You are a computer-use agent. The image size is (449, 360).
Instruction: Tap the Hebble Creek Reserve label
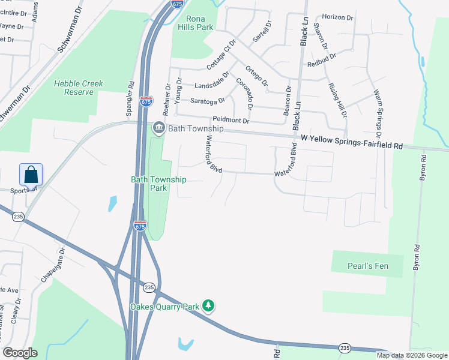tap(79, 88)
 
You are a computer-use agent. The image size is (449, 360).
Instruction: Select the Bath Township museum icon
tap(158, 128)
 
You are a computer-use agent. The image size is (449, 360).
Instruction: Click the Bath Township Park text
tap(158, 184)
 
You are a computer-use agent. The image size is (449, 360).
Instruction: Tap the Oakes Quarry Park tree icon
tap(208, 306)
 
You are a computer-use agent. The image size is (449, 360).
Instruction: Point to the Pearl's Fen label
tap(366, 265)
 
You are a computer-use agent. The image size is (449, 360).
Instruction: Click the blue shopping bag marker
tap(31, 175)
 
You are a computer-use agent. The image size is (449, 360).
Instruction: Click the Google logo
tap(20, 352)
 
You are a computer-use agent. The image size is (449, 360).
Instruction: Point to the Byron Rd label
tap(423, 168)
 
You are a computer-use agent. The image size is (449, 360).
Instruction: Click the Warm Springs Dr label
tap(378, 109)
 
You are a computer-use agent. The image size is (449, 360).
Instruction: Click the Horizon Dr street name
tap(338, 17)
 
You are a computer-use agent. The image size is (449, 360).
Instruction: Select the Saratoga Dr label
tap(207, 101)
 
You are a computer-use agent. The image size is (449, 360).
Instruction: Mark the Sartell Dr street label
tap(262, 31)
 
